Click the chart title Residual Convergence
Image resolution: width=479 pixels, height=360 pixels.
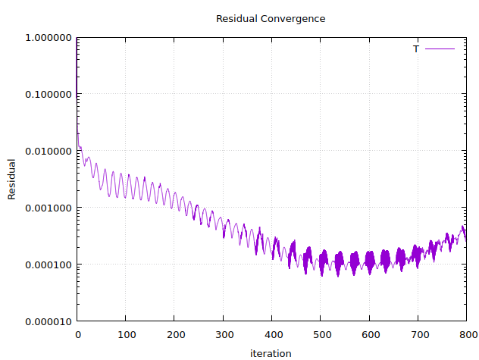pyautogui.click(x=271, y=18)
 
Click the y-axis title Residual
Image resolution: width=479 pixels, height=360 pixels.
pyautogui.click(x=11, y=179)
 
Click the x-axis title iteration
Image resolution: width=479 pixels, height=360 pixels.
pyautogui.click(x=271, y=352)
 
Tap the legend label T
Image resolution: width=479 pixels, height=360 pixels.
pyautogui.click(x=415, y=49)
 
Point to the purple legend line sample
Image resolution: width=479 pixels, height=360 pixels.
pyautogui.click(x=440, y=49)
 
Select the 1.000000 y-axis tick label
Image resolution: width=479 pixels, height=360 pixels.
pyautogui.click(x=49, y=37)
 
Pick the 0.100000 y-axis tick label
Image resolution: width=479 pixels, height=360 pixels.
pyautogui.click(x=49, y=94)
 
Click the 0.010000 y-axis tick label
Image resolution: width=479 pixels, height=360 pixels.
pyautogui.click(x=49, y=151)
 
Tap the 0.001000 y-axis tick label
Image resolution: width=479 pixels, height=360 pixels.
pyautogui.click(x=49, y=208)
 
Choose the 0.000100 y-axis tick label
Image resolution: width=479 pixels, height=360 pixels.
pyautogui.click(x=49, y=265)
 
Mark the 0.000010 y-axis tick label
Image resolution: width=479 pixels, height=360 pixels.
pyautogui.click(x=49, y=321)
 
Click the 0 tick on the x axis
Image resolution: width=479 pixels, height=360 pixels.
pyautogui.click(x=77, y=334)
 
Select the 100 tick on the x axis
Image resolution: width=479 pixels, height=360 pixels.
pyautogui.click(x=126, y=334)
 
